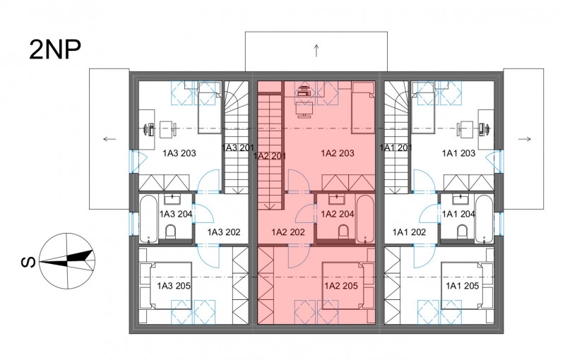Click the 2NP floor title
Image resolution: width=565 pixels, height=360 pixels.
click(55, 49)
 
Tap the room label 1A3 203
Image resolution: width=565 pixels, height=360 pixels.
click(179, 153)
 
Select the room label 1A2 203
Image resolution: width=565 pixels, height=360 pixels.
click(338, 153)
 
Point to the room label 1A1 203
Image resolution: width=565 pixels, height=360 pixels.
click(458, 153)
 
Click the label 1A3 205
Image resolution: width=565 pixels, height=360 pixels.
click(174, 286)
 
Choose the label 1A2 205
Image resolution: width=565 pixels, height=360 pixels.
click(341, 286)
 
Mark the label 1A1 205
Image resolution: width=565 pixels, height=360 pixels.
click(463, 286)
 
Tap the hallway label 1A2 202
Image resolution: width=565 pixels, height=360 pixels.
click(288, 232)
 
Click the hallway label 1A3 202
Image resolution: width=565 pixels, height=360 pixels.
click(224, 232)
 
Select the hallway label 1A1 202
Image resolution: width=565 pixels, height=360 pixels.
click(410, 232)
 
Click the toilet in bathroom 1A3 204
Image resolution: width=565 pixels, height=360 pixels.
click(170, 232)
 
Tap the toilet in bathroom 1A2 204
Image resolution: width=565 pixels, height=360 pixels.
click(344, 232)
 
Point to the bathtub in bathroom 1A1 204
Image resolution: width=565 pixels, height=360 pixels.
click(484, 219)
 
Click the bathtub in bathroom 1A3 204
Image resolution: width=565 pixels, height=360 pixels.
click(148, 219)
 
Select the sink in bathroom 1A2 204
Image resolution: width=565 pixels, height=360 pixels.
click(336, 199)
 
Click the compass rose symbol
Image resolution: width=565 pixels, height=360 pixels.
click(67, 261)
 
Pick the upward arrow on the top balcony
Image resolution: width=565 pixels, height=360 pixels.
click(316, 50)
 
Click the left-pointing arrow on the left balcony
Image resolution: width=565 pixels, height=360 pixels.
click(109, 139)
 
